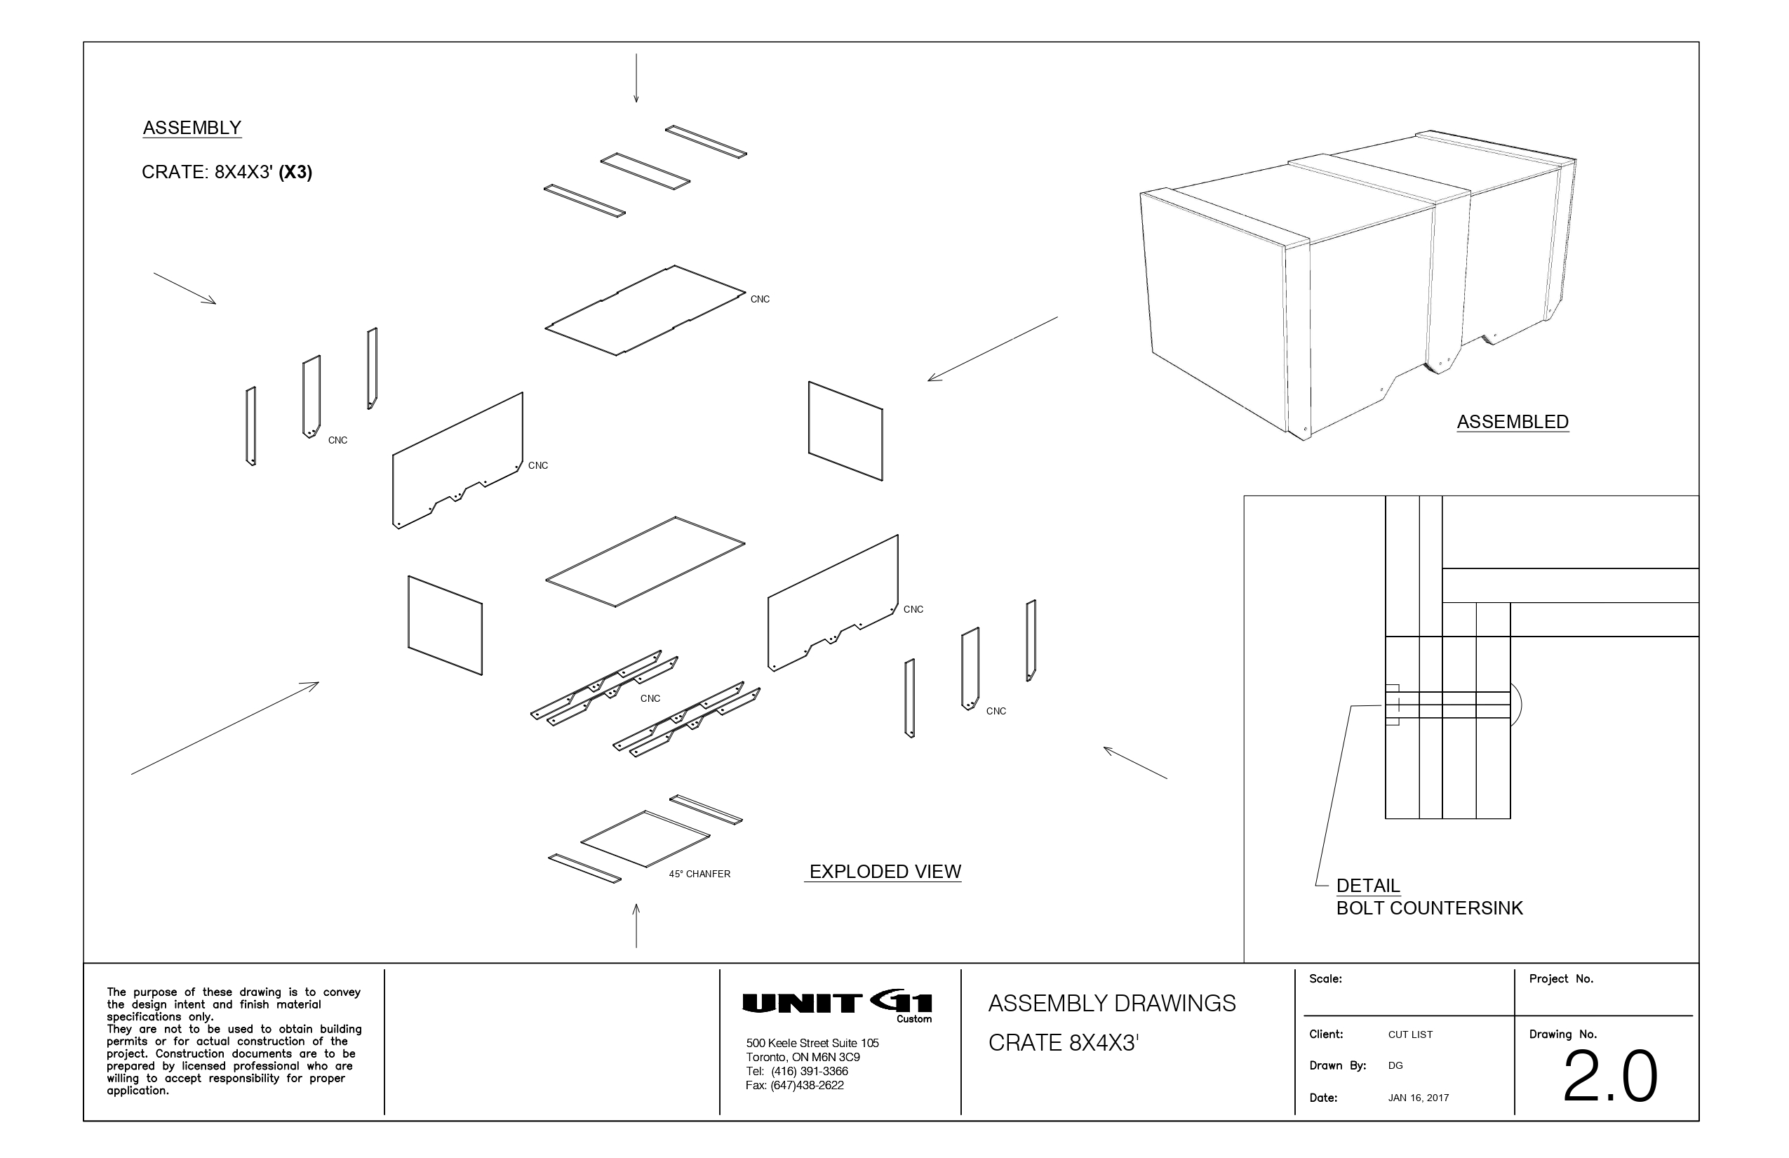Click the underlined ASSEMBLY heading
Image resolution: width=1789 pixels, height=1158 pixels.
pyautogui.click(x=192, y=128)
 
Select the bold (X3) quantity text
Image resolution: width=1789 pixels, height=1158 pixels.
pyautogui.click(x=295, y=172)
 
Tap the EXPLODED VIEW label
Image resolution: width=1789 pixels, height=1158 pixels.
pyautogui.click(x=885, y=872)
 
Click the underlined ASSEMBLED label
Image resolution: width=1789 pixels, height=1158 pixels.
pyautogui.click(x=1513, y=422)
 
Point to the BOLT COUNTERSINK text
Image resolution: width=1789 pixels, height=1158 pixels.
pyautogui.click(x=1429, y=907)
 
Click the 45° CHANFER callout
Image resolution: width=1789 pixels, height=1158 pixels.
pyautogui.click(x=699, y=874)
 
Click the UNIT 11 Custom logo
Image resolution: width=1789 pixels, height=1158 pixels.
pyautogui.click(x=836, y=1006)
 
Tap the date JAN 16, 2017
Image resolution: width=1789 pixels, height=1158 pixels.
pyautogui.click(x=1418, y=1098)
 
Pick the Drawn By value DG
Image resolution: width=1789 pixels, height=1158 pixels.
pyautogui.click(x=1395, y=1065)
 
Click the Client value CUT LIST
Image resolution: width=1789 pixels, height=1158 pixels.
pyautogui.click(x=1410, y=1034)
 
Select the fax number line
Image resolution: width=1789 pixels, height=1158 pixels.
pyautogui.click(x=794, y=1085)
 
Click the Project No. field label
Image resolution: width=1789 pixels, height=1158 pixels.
pyautogui.click(x=1561, y=979)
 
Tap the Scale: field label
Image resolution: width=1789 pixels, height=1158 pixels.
pyautogui.click(x=1325, y=979)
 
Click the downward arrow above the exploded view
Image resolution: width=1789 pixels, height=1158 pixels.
pyautogui.click(x=636, y=78)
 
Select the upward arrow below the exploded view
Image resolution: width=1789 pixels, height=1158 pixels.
pyautogui.click(x=636, y=926)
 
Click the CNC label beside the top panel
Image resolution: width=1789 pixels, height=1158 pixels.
pyautogui.click(x=760, y=299)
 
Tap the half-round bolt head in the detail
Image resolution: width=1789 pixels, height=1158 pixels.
pyautogui.click(x=1516, y=705)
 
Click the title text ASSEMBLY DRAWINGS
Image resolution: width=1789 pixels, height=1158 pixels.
pyautogui.click(x=1112, y=1003)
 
